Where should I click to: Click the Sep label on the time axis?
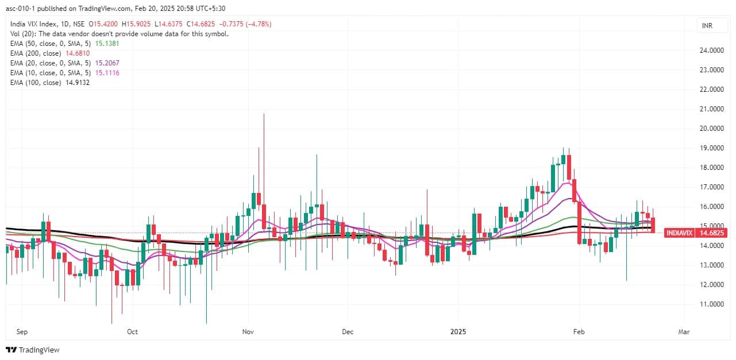tap(22, 332)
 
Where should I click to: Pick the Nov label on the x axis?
tap(248, 332)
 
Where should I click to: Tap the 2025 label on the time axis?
tap(458, 332)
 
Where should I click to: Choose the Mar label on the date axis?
tap(684, 332)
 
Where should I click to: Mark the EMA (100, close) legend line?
tap(49, 82)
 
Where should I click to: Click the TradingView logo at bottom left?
tap(33, 350)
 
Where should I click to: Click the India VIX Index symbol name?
tap(36, 24)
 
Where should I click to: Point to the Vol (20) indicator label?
tap(22, 33)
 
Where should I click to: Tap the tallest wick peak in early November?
tap(264, 114)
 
